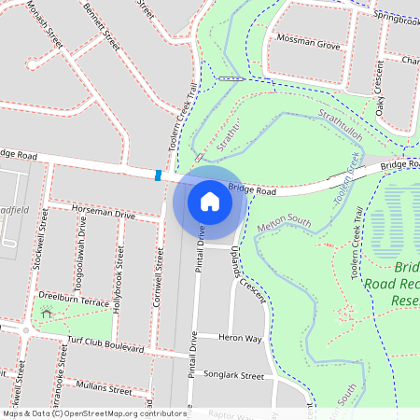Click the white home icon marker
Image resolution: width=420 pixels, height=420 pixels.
(209, 201)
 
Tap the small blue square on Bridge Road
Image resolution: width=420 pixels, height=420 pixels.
(159, 175)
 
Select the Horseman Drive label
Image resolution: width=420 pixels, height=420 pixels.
(104, 213)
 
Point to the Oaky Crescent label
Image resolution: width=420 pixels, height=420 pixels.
(380, 89)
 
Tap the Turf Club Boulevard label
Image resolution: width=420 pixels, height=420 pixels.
(105, 344)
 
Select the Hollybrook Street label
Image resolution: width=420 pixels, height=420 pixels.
(118, 279)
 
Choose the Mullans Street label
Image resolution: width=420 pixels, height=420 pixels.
(105, 386)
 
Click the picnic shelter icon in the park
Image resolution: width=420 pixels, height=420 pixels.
(46, 313)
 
